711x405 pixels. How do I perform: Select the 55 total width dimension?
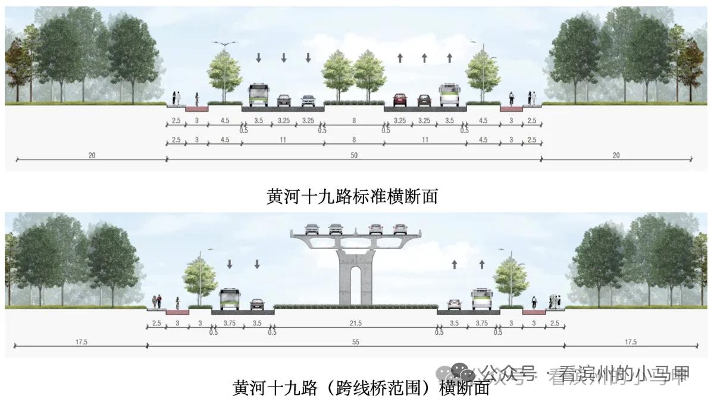[356, 342]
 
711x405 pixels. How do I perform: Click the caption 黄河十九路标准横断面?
[352, 196]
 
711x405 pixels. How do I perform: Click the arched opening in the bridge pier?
[355, 285]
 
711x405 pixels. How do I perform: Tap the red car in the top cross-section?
[399, 99]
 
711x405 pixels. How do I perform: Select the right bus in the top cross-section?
[450, 95]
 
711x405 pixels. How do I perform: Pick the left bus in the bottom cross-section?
[229, 299]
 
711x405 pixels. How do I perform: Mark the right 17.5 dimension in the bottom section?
[631, 342]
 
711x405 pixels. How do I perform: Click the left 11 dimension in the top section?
[283, 140]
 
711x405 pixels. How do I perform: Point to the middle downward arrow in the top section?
[284, 58]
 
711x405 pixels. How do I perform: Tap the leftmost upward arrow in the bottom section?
[455, 263]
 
